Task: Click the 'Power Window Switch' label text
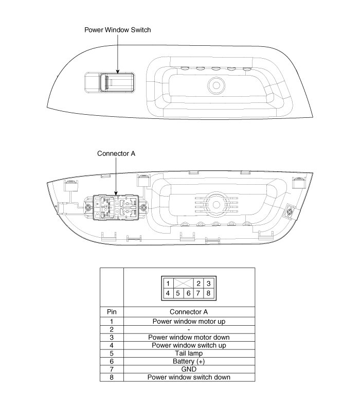point(117,30)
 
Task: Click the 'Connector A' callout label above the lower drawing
point(116,153)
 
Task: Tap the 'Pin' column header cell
point(112,312)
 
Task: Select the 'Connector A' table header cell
point(189,312)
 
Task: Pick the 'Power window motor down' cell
point(189,338)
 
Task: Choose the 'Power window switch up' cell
point(189,345)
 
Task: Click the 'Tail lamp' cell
point(189,353)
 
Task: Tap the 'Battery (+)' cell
point(189,361)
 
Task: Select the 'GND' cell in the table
point(189,369)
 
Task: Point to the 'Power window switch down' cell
point(189,377)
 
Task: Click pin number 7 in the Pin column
point(112,369)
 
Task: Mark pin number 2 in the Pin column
point(112,329)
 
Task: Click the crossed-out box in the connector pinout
point(183,284)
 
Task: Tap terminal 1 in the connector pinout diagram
point(168,284)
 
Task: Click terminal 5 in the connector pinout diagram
point(178,293)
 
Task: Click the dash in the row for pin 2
point(189,329)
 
